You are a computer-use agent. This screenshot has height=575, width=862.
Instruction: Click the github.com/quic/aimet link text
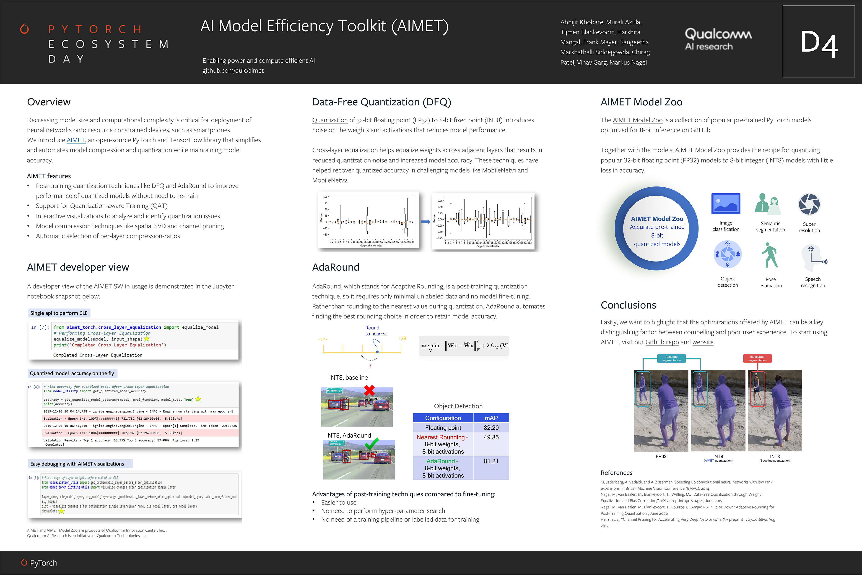[233, 71]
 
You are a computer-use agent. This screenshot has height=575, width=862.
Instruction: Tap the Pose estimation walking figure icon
[770, 256]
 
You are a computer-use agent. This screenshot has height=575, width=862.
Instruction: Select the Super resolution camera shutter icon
[809, 204]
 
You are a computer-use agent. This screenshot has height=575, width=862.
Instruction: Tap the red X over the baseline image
[369, 390]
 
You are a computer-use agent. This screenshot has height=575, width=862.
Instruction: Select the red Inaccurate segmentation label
[757, 358]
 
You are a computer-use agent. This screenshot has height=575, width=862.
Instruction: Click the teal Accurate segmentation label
[671, 358]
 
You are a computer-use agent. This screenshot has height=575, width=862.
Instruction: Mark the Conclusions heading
[628, 305]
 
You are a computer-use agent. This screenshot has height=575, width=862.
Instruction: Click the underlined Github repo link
[662, 342]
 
